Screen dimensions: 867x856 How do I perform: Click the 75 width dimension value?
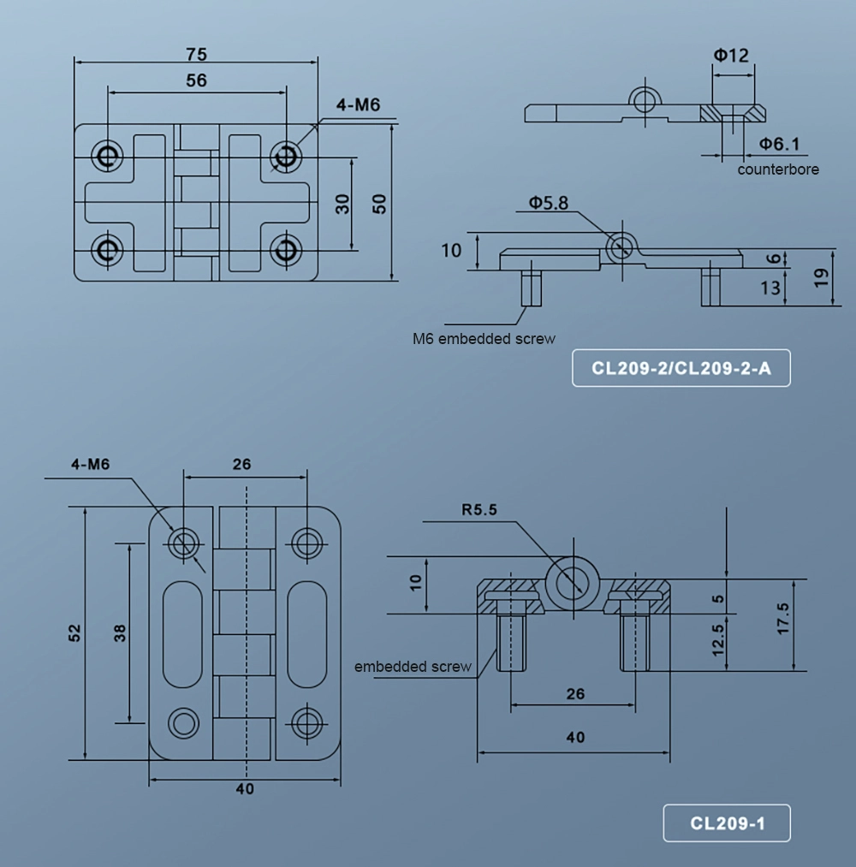point(196,54)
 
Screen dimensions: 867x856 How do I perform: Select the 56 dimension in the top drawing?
point(196,80)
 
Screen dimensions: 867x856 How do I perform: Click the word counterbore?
point(778,169)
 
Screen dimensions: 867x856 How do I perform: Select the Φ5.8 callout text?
point(548,203)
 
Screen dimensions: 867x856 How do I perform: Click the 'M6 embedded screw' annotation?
point(484,338)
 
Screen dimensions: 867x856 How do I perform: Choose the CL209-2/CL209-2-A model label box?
point(681,369)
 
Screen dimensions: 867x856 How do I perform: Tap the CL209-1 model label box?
point(727,824)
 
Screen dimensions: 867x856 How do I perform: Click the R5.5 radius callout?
point(479,511)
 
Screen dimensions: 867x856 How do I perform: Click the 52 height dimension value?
point(74,632)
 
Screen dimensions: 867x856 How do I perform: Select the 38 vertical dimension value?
point(120,632)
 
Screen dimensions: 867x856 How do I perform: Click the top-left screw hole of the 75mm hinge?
point(108,155)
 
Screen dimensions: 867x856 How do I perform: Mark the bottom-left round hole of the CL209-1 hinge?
point(182,722)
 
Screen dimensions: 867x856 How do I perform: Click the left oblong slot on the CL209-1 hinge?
point(182,632)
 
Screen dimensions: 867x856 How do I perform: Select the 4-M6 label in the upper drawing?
point(358,105)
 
